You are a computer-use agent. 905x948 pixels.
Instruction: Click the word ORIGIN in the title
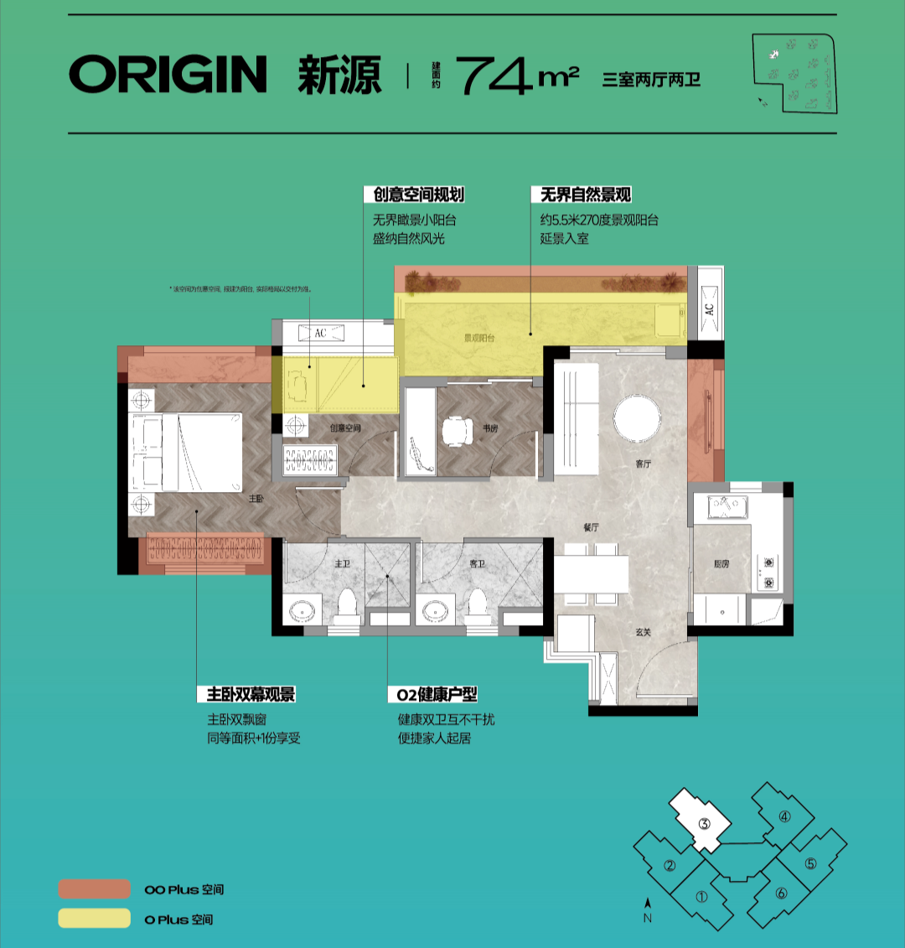click(x=168, y=75)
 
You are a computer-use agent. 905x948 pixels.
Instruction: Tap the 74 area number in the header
click(x=494, y=76)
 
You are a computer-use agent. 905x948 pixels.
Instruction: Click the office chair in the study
click(x=457, y=433)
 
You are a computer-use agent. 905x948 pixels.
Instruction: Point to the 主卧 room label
click(x=256, y=498)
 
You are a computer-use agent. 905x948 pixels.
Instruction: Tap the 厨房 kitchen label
click(x=721, y=564)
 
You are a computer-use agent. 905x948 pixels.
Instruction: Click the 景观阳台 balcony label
click(x=479, y=339)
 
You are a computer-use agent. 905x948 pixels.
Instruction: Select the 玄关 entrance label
click(x=643, y=632)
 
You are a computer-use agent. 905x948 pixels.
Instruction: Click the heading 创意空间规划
click(x=418, y=194)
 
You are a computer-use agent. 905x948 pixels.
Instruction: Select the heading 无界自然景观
click(x=585, y=194)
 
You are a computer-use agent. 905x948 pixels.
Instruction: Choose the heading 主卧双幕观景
click(x=251, y=694)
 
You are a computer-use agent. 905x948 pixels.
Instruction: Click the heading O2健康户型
click(x=437, y=694)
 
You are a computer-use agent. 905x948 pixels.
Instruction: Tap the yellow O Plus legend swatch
click(x=94, y=919)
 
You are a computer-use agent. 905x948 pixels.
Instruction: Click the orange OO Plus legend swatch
click(x=94, y=889)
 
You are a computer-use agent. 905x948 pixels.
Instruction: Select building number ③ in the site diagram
click(x=704, y=823)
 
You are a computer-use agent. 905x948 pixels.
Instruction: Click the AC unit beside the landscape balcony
click(x=709, y=308)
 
